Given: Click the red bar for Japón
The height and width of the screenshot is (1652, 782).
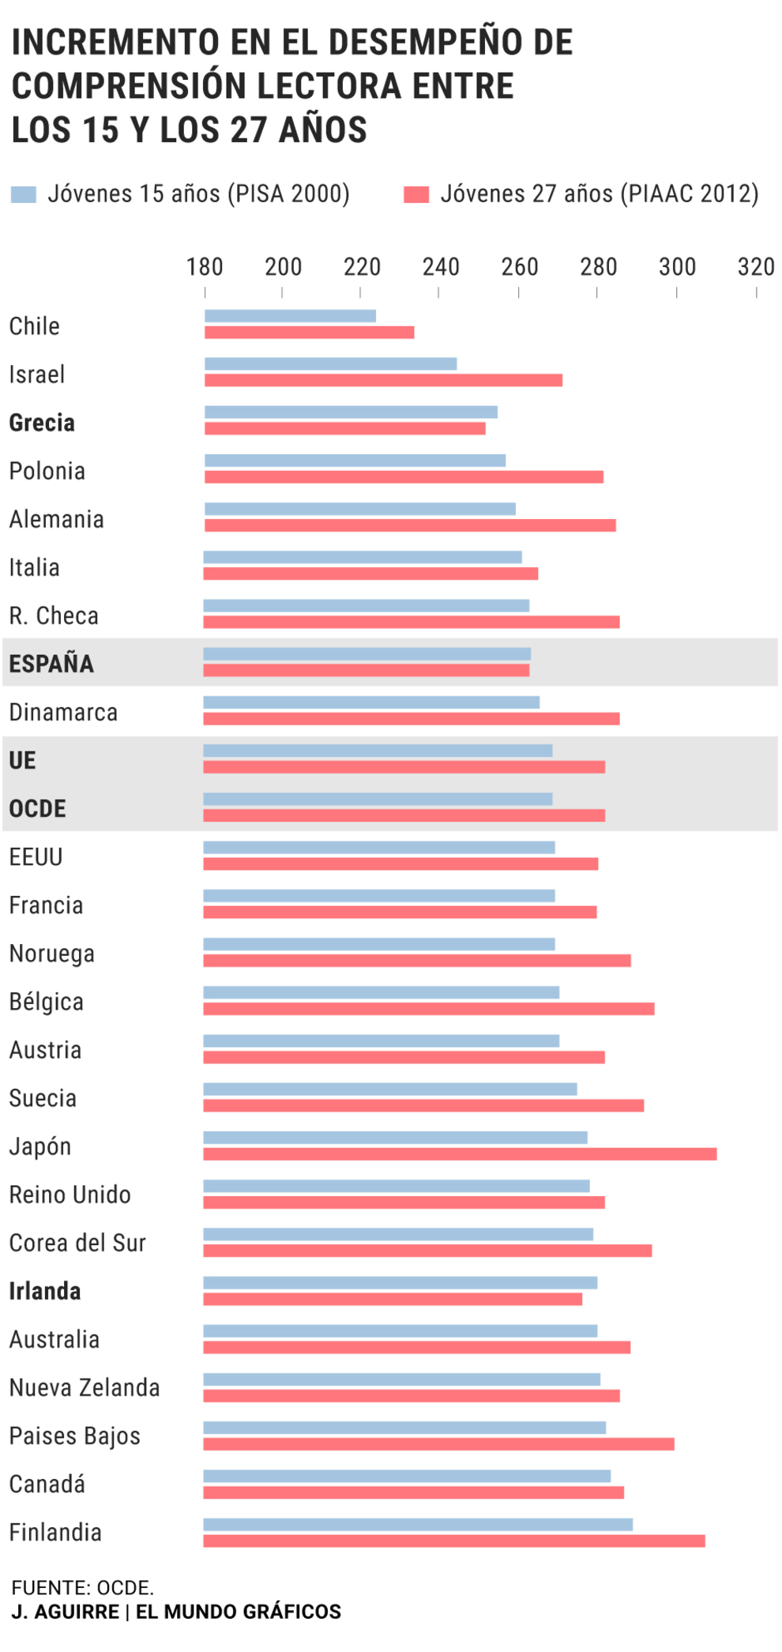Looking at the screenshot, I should pos(460,1154).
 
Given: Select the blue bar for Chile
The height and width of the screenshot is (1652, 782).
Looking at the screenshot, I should pos(290,316).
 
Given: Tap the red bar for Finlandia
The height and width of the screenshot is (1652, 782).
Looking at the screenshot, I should pos(454,1541).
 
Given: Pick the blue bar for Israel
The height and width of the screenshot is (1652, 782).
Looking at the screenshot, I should pos(330,364).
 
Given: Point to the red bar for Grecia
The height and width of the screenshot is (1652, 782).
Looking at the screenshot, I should pos(345,428).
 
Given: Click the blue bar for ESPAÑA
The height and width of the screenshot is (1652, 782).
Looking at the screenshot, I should pos(367,654).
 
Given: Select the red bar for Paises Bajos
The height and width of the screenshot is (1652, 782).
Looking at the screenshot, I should pos(438,1444).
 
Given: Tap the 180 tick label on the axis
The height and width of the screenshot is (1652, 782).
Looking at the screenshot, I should pos(205,267).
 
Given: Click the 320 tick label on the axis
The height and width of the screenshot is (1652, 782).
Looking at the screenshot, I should pos(756,267).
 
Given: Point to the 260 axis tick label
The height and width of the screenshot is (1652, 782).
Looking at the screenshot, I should pos(519,267).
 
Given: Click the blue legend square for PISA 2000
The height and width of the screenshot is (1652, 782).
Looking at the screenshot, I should pos(24,194).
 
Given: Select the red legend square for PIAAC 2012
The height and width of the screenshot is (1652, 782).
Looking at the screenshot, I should pos(415,194).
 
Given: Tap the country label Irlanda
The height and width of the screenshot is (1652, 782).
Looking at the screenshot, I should pos(45,1291).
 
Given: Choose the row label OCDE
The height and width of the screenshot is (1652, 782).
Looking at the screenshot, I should pos(37,808).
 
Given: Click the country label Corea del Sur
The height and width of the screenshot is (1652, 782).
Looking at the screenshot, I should pos(77,1243).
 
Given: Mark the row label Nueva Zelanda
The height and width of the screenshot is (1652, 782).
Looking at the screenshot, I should pos(85,1387).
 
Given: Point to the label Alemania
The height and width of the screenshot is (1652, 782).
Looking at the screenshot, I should pos(57,519).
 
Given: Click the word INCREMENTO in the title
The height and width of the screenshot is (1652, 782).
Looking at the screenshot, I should pos(115,42).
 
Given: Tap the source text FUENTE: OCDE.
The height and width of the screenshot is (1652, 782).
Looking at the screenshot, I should pos(82,1588).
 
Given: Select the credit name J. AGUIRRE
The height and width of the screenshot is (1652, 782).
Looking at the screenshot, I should pos(65,1612).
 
